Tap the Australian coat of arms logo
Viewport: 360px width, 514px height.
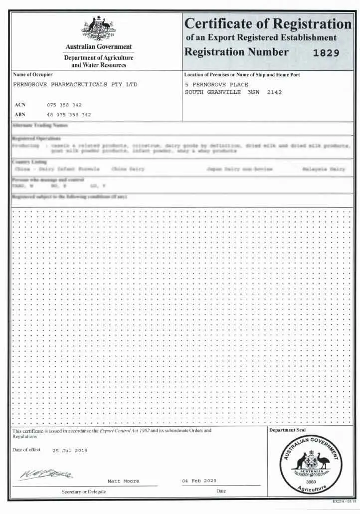pyautogui.click(x=98, y=29)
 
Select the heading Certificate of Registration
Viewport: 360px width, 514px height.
pyautogui.click(x=268, y=24)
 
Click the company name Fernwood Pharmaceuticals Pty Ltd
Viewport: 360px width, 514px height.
pyautogui.click(x=74, y=85)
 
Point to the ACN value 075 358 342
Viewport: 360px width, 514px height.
pyautogui.click(x=64, y=105)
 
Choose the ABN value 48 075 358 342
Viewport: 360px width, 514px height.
pyautogui.click(x=69, y=114)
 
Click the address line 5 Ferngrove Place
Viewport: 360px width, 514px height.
pyautogui.click(x=216, y=85)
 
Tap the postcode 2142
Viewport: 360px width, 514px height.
pyautogui.click(x=275, y=92)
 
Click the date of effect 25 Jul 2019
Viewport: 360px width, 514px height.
pyautogui.click(x=70, y=451)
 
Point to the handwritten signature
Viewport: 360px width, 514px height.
pyautogui.click(x=45, y=473)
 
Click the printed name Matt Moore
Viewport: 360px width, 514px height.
pyautogui.click(x=123, y=481)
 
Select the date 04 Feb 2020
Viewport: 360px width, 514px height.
pyautogui.click(x=199, y=481)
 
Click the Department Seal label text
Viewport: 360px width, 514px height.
pyautogui.click(x=287, y=430)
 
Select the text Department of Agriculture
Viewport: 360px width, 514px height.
pyautogui.click(x=99, y=58)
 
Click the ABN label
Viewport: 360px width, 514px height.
pyautogui.click(x=20, y=114)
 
